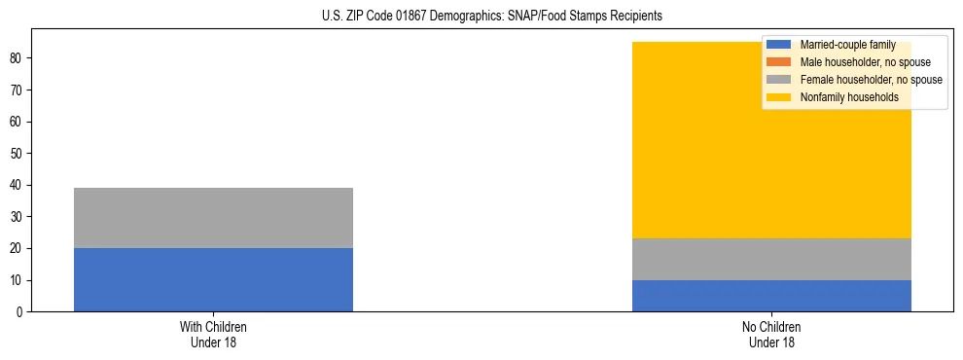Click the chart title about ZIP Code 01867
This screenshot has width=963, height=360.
491,16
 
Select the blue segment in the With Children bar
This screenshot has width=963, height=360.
213,279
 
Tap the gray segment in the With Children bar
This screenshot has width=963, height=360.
213,218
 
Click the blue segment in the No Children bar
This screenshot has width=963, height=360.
771,296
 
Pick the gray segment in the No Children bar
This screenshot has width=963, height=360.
771,259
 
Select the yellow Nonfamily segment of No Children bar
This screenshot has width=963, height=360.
771,156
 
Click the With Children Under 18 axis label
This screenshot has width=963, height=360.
213,335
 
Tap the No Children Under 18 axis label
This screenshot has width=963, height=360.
771,335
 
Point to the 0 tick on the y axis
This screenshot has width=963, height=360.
20,312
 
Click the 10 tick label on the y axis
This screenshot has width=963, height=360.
18,280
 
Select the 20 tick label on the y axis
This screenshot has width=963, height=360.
18,248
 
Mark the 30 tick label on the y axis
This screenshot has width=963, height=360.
18,217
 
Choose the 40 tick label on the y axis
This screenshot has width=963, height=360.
18,185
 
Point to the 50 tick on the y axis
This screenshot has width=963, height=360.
18,154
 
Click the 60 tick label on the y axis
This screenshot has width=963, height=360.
18,122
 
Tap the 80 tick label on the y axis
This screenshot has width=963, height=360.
18,58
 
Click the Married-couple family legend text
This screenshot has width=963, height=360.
847,45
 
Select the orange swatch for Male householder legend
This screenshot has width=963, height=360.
780,62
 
